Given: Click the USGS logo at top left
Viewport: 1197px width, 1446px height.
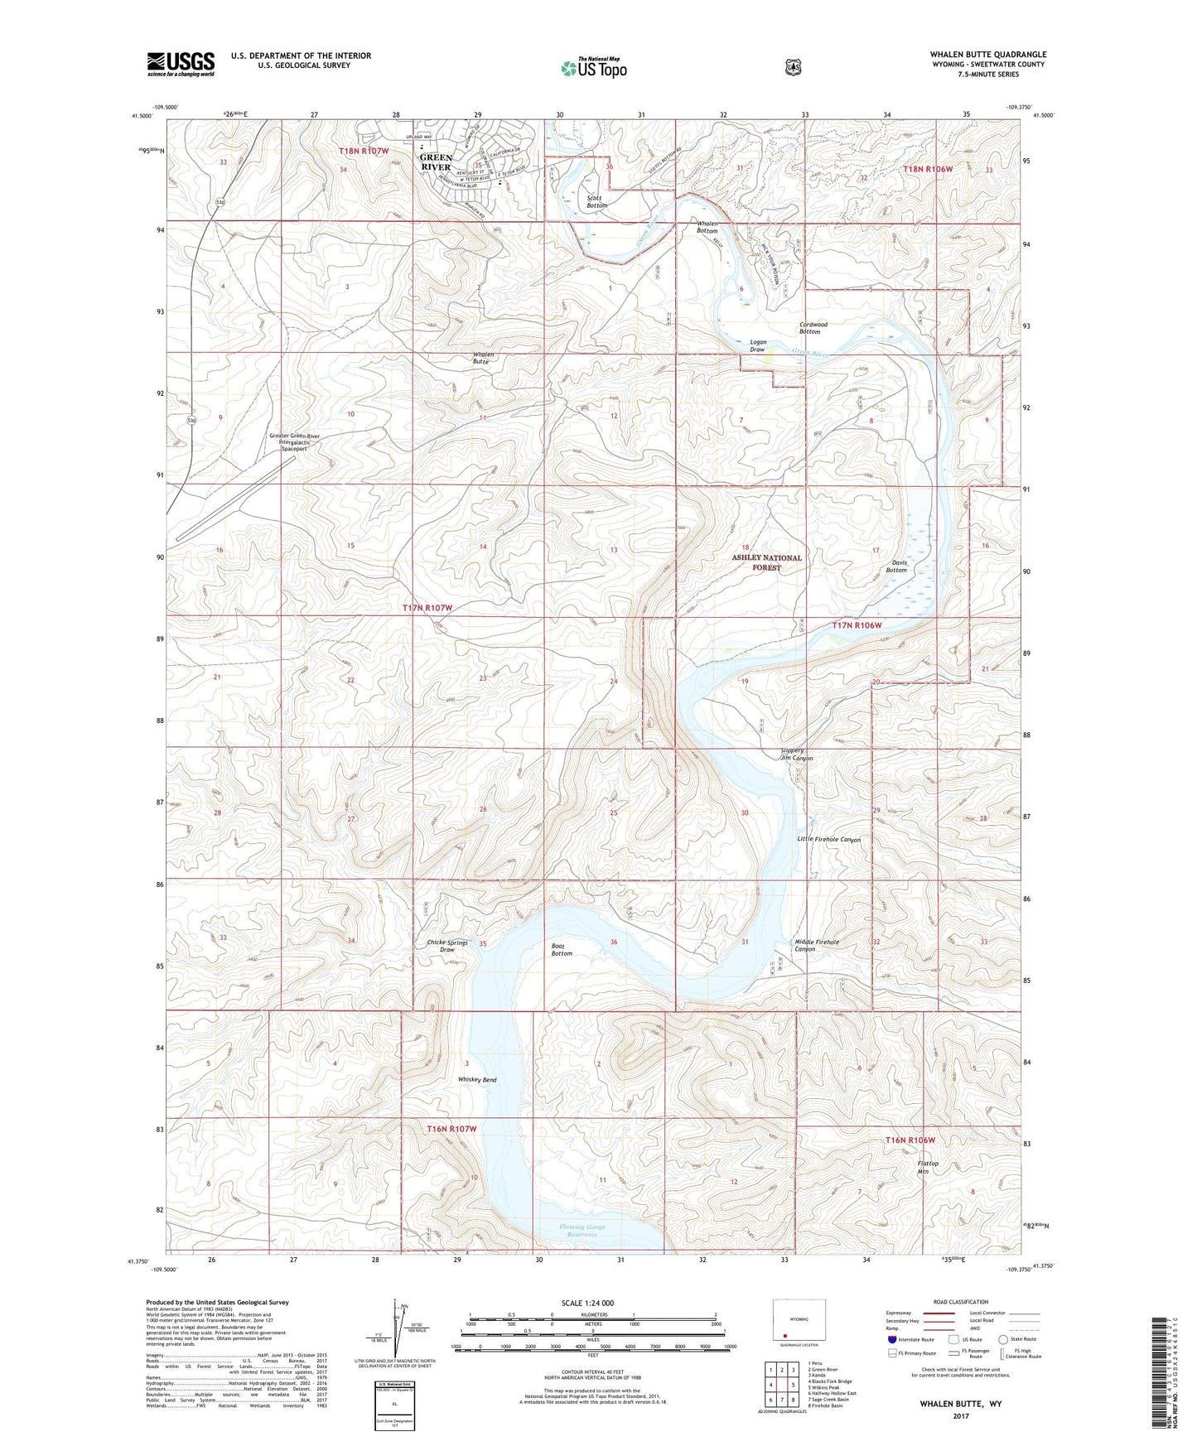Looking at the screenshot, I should pos(181,64).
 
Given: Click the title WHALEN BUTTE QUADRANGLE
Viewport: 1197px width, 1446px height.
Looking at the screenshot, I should pos(987,55).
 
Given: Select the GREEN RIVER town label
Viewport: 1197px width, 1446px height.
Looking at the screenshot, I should pos(436,161).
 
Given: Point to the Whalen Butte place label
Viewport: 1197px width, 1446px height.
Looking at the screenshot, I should pos(483,358).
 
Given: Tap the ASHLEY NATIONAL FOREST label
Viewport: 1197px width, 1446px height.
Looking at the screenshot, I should pos(766,562).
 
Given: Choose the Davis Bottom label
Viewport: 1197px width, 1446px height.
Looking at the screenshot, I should pos(896,566).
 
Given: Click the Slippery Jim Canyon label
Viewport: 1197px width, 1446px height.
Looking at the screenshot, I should pos(796,754).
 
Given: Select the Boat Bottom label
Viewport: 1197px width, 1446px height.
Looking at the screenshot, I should pos(562,949).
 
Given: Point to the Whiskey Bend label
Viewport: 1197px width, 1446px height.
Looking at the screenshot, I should pos(477,1080).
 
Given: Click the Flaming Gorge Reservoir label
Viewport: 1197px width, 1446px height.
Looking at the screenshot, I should pos(582,1231).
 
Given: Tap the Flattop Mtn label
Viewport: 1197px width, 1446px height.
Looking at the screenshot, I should pos(928,1167).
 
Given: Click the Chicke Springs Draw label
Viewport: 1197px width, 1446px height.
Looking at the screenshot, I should pos(447,946).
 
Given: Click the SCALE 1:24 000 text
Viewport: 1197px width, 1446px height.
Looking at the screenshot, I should pos(587,1303).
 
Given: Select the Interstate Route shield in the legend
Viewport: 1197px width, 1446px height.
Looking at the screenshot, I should pos(891,1339).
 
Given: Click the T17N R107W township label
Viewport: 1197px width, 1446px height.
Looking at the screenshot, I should pos(427,608).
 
